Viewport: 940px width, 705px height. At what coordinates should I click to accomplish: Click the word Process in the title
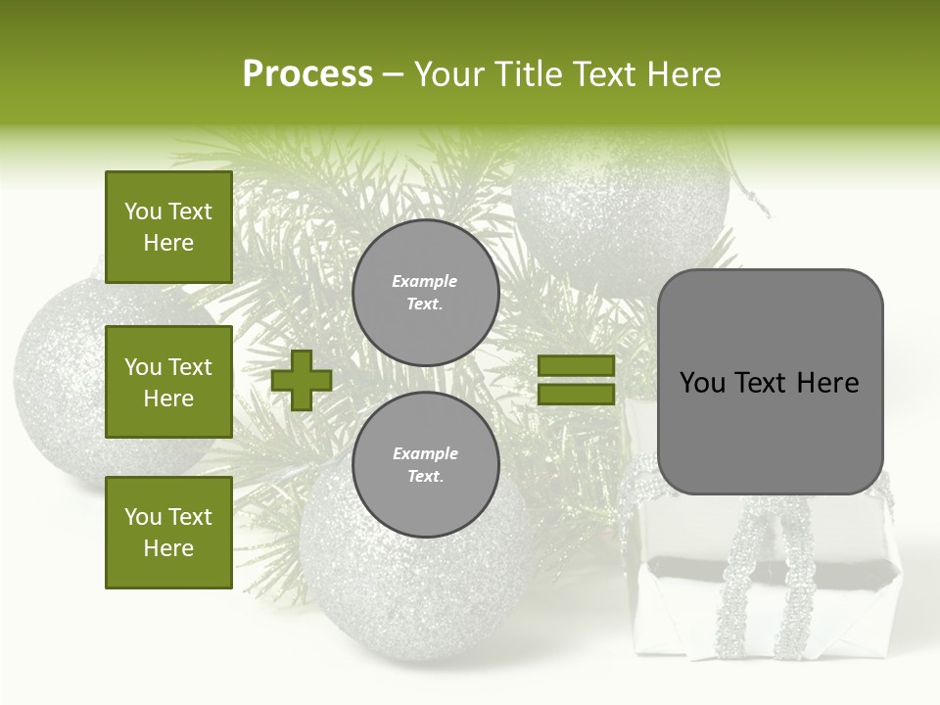click(x=307, y=74)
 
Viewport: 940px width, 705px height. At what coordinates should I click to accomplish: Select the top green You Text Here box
click(x=168, y=227)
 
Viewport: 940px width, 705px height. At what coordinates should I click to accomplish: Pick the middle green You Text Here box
click(x=168, y=382)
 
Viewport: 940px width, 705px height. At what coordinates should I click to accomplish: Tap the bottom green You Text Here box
click(x=168, y=532)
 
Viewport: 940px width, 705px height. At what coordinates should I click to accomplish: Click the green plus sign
click(x=302, y=380)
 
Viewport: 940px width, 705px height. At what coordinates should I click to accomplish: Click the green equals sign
click(x=576, y=380)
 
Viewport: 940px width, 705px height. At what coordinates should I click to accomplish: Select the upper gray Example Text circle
click(x=425, y=293)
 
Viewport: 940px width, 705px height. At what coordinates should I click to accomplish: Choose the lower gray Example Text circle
click(x=425, y=464)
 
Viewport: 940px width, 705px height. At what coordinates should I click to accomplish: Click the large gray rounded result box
click(x=770, y=382)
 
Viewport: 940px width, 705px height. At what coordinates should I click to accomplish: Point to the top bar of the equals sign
click(x=576, y=366)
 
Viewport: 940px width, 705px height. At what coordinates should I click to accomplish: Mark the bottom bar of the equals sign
click(x=576, y=394)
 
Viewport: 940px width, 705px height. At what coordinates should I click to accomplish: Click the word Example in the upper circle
click(x=425, y=281)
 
